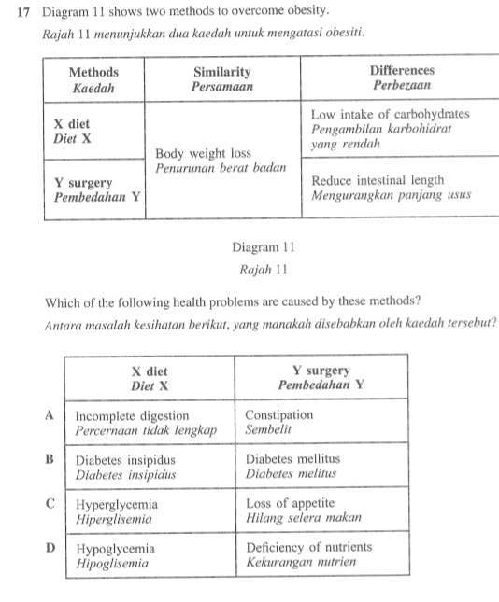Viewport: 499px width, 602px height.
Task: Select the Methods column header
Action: pos(93,78)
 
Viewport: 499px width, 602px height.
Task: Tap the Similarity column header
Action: pos(223,78)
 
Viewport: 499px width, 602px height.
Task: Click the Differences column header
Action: pos(401,77)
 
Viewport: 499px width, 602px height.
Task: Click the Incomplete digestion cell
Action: pos(145,423)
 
